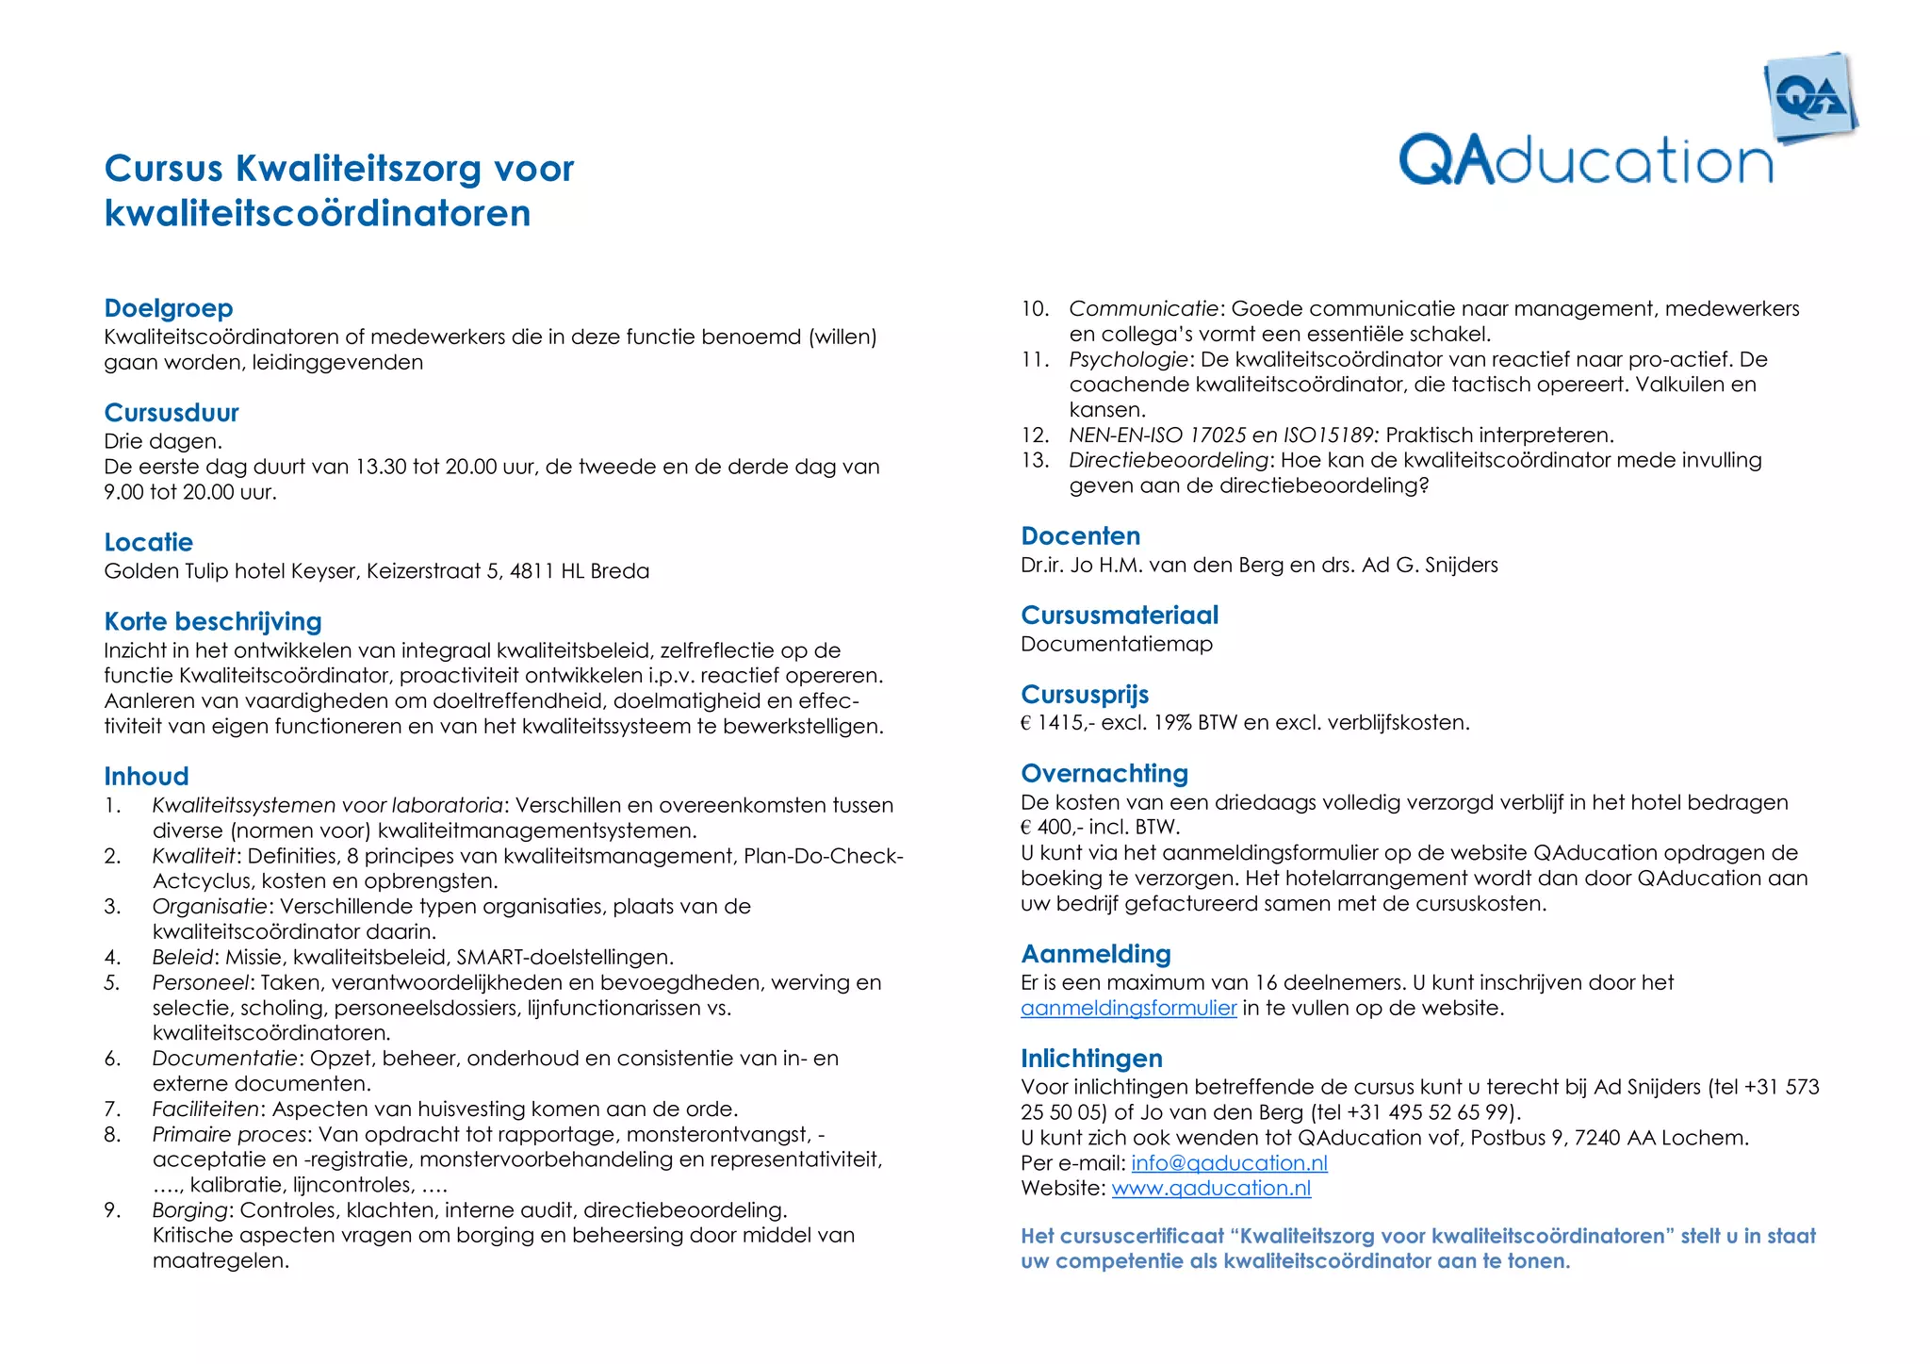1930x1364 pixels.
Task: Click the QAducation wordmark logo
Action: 1585,160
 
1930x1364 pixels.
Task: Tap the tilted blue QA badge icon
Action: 1809,98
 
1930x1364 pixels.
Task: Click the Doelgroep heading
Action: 169,308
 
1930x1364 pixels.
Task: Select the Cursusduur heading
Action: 172,413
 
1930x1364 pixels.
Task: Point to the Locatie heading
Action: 149,542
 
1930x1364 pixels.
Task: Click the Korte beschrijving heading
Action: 213,621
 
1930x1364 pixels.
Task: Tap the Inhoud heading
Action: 146,776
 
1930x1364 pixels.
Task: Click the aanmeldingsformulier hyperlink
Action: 1128,1008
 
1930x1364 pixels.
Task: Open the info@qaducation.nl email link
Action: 1229,1163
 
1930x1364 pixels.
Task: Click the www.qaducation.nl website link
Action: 1211,1188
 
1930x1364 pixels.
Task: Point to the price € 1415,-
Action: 1055,723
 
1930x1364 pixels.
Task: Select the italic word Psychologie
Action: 1127,359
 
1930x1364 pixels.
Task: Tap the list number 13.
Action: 1034,460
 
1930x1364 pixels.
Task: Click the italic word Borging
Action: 189,1209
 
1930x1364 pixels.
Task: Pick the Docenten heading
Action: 1080,536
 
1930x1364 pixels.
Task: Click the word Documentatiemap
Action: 1116,644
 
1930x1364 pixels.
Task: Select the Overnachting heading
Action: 1104,773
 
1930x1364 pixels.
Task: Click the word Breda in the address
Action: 619,571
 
